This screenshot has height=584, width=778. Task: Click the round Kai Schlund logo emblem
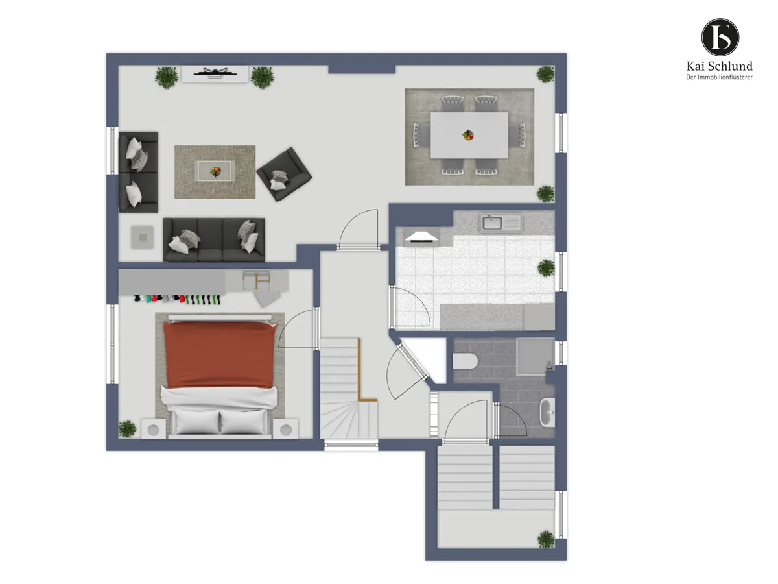point(720,38)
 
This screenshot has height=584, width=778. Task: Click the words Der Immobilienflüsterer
point(719,77)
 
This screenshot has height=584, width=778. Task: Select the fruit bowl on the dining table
point(468,135)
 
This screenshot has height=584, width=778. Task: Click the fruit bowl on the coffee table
point(215,171)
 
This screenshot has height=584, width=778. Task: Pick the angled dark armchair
point(284,174)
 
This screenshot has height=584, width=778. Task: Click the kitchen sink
point(501,223)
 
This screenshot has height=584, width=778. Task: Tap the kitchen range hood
point(421,237)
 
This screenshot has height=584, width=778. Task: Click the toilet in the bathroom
point(466,361)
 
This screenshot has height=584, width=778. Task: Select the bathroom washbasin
point(547,412)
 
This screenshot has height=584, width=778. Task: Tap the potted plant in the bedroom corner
point(127,429)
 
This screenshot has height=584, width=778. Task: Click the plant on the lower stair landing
point(546,540)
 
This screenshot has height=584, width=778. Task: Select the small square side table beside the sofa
point(143,237)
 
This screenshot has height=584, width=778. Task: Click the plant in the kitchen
point(546,268)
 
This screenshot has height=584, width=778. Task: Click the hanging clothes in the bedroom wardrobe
point(178,300)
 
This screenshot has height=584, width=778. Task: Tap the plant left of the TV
point(166,77)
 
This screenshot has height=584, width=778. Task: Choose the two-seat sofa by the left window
point(139,173)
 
